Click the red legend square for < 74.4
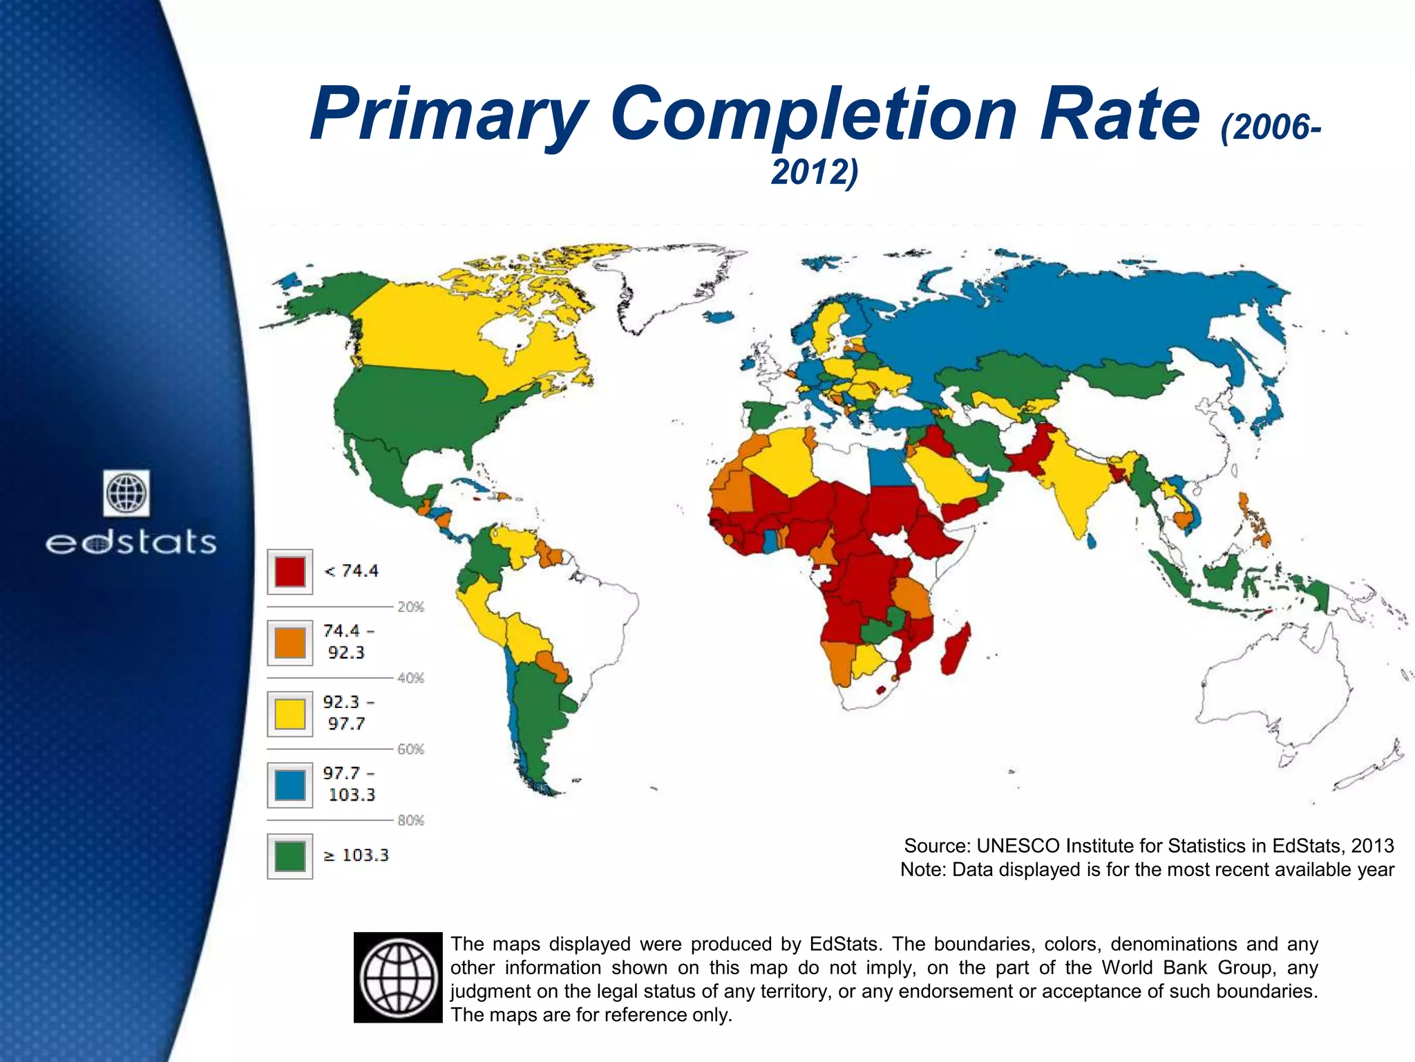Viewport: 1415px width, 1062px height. tap(289, 571)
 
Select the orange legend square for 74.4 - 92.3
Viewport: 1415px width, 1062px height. tap(289, 642)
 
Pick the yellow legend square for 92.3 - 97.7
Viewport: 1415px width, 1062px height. tap(289, 714)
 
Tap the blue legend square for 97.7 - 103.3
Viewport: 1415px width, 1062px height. tap(289, 785)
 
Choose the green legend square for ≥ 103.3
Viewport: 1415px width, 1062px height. tap(289, 856)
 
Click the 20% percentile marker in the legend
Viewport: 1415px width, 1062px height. tap(410, 607)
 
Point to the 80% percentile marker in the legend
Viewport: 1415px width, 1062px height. tap(410, 821)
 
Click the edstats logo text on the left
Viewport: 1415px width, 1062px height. tap(131, 543)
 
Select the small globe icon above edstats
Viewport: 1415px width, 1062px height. tap(126, 493)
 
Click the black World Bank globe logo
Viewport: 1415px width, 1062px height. tap(398, 977)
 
